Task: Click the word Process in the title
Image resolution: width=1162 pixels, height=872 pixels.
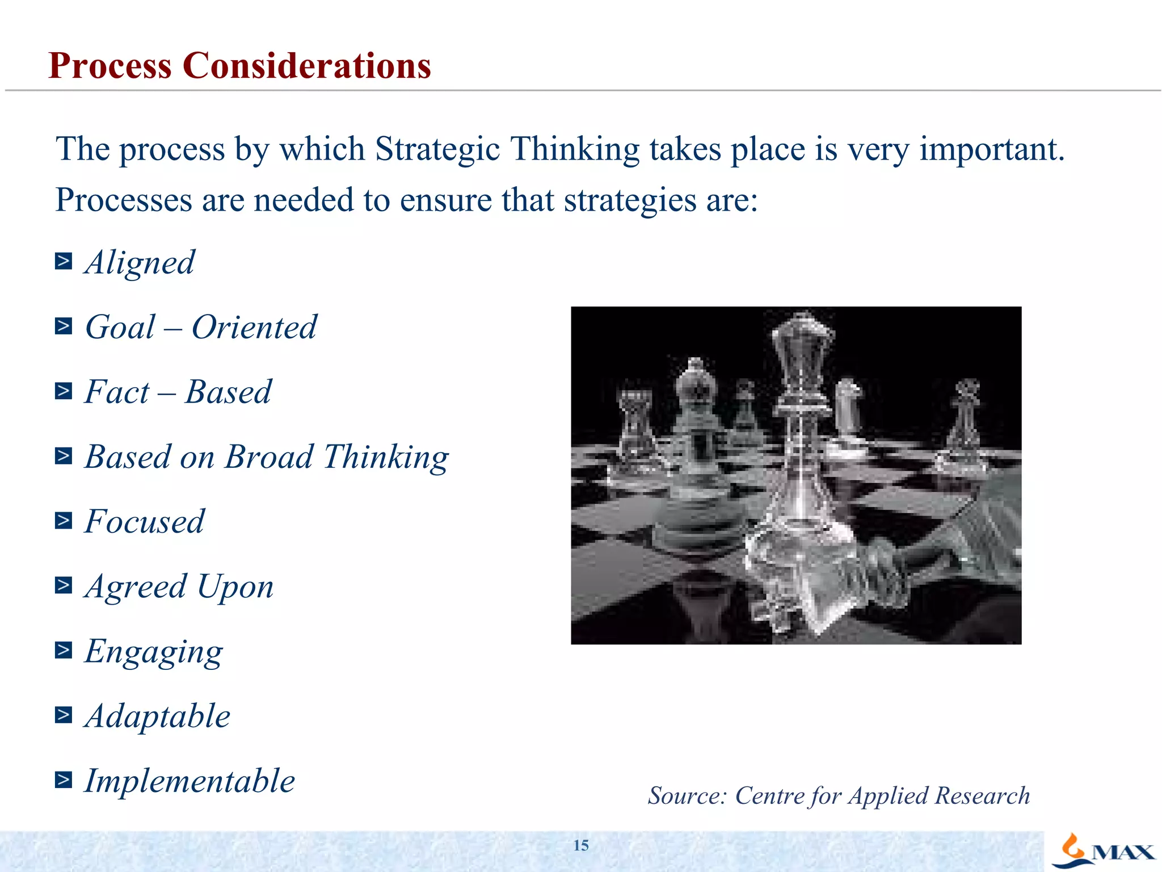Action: (x=110, y=66)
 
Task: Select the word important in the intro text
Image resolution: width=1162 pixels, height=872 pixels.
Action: (x=991, y=150)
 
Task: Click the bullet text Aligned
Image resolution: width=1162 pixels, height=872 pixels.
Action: (x=140, y=263)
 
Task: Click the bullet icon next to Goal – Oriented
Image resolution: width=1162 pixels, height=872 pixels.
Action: (x=64, y=326)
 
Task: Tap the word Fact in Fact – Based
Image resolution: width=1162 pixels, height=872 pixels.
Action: (x=117, y=392)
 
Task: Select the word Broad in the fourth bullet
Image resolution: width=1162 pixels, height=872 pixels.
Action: (x=269, y=457)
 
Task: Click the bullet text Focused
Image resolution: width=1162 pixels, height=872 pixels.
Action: (x=144, y=522)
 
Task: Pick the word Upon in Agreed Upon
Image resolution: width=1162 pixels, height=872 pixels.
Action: (x=235, y=587)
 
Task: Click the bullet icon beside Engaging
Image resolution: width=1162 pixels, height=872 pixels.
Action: (x=64, y=650)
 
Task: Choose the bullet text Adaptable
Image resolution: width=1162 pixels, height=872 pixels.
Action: (x=158, y=716)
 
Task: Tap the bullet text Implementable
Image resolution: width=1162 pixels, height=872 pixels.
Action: (x=190, y=781)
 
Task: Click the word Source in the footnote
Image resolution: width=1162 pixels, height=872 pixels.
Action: (x=687, y=796)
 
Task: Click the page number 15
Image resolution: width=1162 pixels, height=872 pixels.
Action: (x=581, y=845)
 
